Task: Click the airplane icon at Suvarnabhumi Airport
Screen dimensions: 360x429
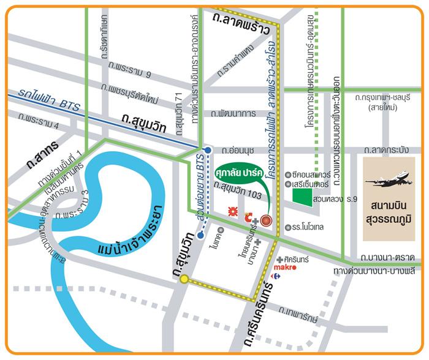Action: pyautogui.click(x=387, y=181)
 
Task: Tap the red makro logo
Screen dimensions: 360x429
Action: pyautogui.click(x=284, y=268)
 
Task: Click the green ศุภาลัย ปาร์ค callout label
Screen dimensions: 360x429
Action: pyautogui.click(x=243, y=172)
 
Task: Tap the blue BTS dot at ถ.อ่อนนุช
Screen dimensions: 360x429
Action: pyautogui.click(x=208, y=149)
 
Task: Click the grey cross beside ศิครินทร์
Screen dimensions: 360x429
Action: pyautogui.click(x=279, y=260)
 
